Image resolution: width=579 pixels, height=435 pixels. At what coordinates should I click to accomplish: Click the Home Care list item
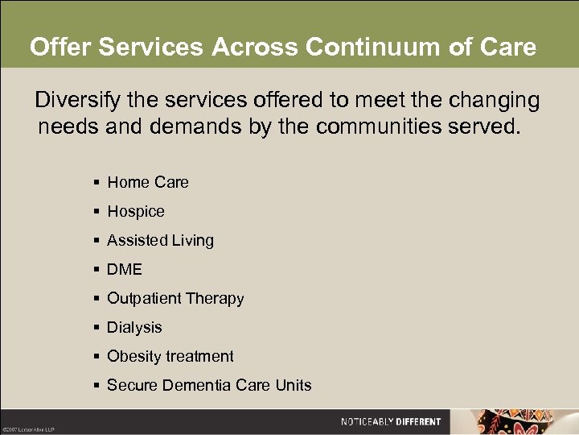coord(148,183)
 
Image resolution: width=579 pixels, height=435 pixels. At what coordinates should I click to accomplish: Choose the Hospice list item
coord(136,212)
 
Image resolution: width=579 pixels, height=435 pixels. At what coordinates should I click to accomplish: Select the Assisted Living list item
coord(161,241)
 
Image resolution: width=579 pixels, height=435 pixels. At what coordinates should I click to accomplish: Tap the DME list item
coord(125,270)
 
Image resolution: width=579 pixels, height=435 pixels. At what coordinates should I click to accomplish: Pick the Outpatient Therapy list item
coord(175,299)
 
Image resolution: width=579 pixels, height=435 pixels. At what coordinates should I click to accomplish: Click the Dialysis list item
coord(134,328)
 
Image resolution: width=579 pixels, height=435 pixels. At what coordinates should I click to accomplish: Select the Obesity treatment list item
coord(170,357)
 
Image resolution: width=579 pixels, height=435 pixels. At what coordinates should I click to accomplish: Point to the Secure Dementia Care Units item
coord(209,386)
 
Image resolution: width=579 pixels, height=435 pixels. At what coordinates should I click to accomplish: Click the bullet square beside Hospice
coord(96,212)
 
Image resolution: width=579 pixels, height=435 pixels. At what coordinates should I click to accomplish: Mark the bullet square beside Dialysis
coord(96,328)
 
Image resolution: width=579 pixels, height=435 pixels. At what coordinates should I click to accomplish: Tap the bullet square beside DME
coord(96,270)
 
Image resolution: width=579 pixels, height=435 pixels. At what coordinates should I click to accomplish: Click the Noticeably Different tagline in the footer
coord(391,421)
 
